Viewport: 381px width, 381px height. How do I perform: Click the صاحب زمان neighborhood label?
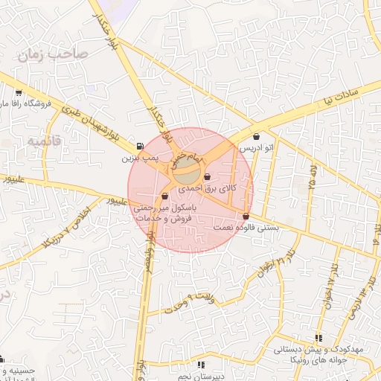[55, 54]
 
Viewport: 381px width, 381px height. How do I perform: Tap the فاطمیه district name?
[43, 139]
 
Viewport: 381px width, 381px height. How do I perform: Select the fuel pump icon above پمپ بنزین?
[141, 146]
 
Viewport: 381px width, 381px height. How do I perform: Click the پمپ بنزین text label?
[141, 159]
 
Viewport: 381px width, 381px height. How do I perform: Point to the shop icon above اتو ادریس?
[257, 137]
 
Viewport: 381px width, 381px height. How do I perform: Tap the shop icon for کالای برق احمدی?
[206, 177]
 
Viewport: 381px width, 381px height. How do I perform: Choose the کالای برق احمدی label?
[207, 190]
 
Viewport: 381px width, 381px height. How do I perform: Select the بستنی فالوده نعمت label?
[246, 227]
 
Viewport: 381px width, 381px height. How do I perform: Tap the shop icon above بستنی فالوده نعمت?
[246, 216]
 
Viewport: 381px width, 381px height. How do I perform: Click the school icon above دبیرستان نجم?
[201, 365]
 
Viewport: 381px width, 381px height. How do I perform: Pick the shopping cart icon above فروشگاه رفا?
[17, 94]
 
